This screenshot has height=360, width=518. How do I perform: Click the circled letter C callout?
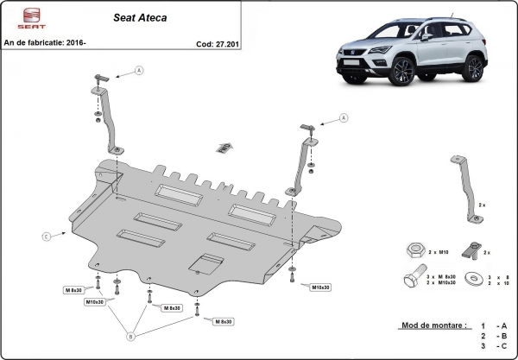45,234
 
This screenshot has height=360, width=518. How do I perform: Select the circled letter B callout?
131,336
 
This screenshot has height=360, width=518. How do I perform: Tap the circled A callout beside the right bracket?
343,118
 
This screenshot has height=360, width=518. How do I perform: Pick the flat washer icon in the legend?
474,279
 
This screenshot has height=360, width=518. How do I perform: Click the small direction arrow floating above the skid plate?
224,148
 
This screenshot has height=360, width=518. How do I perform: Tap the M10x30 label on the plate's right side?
322,286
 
